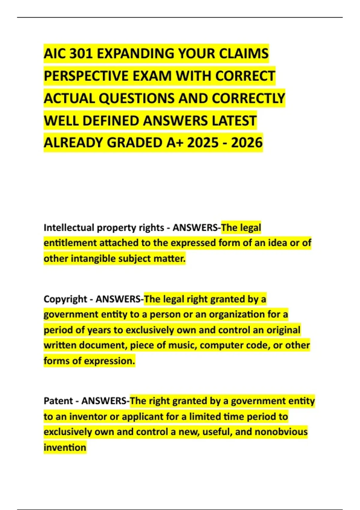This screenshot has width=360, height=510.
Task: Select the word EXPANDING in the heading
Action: (x=136, y=54)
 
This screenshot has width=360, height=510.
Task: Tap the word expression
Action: (x=109, y=361)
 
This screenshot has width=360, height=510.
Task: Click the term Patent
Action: (x=58, y=401)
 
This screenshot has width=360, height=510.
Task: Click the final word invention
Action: (x=65, y=448)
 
